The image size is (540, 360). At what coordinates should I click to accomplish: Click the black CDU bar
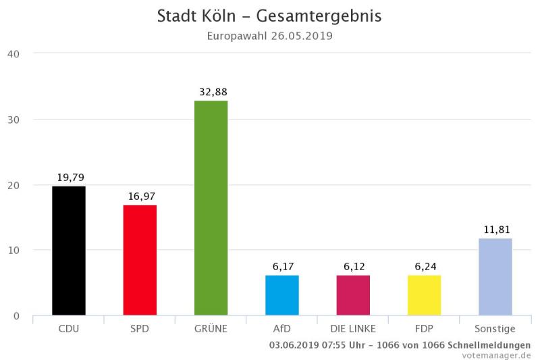[69, 251]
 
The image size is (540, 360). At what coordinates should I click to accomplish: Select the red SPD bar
[140, 260]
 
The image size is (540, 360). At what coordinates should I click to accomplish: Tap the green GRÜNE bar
[211, 208]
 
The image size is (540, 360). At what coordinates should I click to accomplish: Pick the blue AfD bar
[282, 295]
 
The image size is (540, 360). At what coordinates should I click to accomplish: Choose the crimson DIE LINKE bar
[353, 295]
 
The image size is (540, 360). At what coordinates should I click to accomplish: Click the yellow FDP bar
[424, 295]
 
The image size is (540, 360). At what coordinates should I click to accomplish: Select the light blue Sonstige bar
[495, 277]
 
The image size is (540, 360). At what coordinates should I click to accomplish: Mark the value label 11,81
[495, 229]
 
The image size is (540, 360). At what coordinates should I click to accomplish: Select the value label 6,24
[424, 266]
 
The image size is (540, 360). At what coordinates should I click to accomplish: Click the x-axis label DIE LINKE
[353, 329]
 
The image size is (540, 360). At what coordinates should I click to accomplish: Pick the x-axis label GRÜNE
[211, 329]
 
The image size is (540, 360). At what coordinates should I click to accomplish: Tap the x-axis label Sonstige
[495, 329]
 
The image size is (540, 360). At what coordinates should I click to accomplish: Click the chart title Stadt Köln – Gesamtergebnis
[269, 16]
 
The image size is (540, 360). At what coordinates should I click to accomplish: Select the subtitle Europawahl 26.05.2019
[269, 35]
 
